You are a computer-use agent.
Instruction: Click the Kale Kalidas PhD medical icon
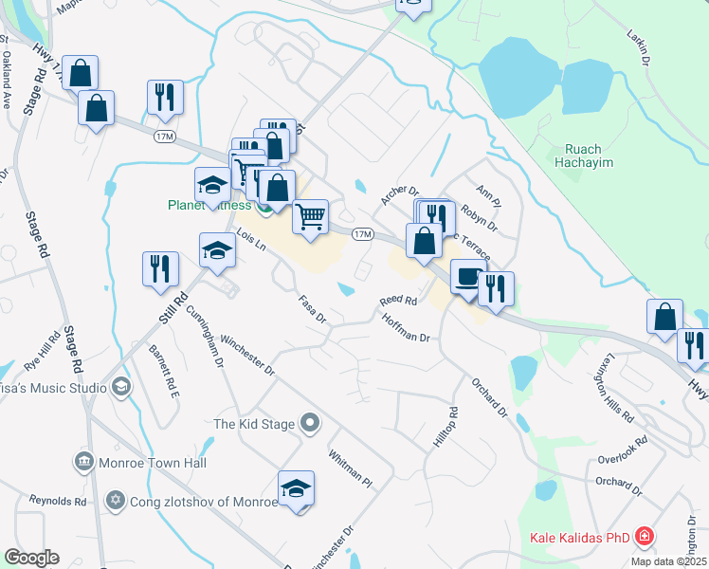tap(645, 538)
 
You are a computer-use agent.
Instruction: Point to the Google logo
tap(31, 558)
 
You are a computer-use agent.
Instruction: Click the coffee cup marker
tap(467, 276)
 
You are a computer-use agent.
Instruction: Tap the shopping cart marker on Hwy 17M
tap(311, 217)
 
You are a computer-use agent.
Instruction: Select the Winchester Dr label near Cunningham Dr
tap(246, 354)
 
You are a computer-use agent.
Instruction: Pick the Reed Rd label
tap(398, 301)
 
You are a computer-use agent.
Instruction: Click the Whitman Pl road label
tap(351, 468)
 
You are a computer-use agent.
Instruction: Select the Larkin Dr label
tap(638, 47)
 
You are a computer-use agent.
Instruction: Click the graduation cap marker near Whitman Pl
tap(297, 488)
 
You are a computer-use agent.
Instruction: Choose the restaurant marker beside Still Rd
tap(159, 268)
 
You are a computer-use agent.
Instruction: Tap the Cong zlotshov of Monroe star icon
tap(117, 500)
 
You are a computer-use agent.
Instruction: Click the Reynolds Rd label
tap(58, 500)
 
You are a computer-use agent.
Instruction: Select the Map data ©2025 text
tap(667, 561)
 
